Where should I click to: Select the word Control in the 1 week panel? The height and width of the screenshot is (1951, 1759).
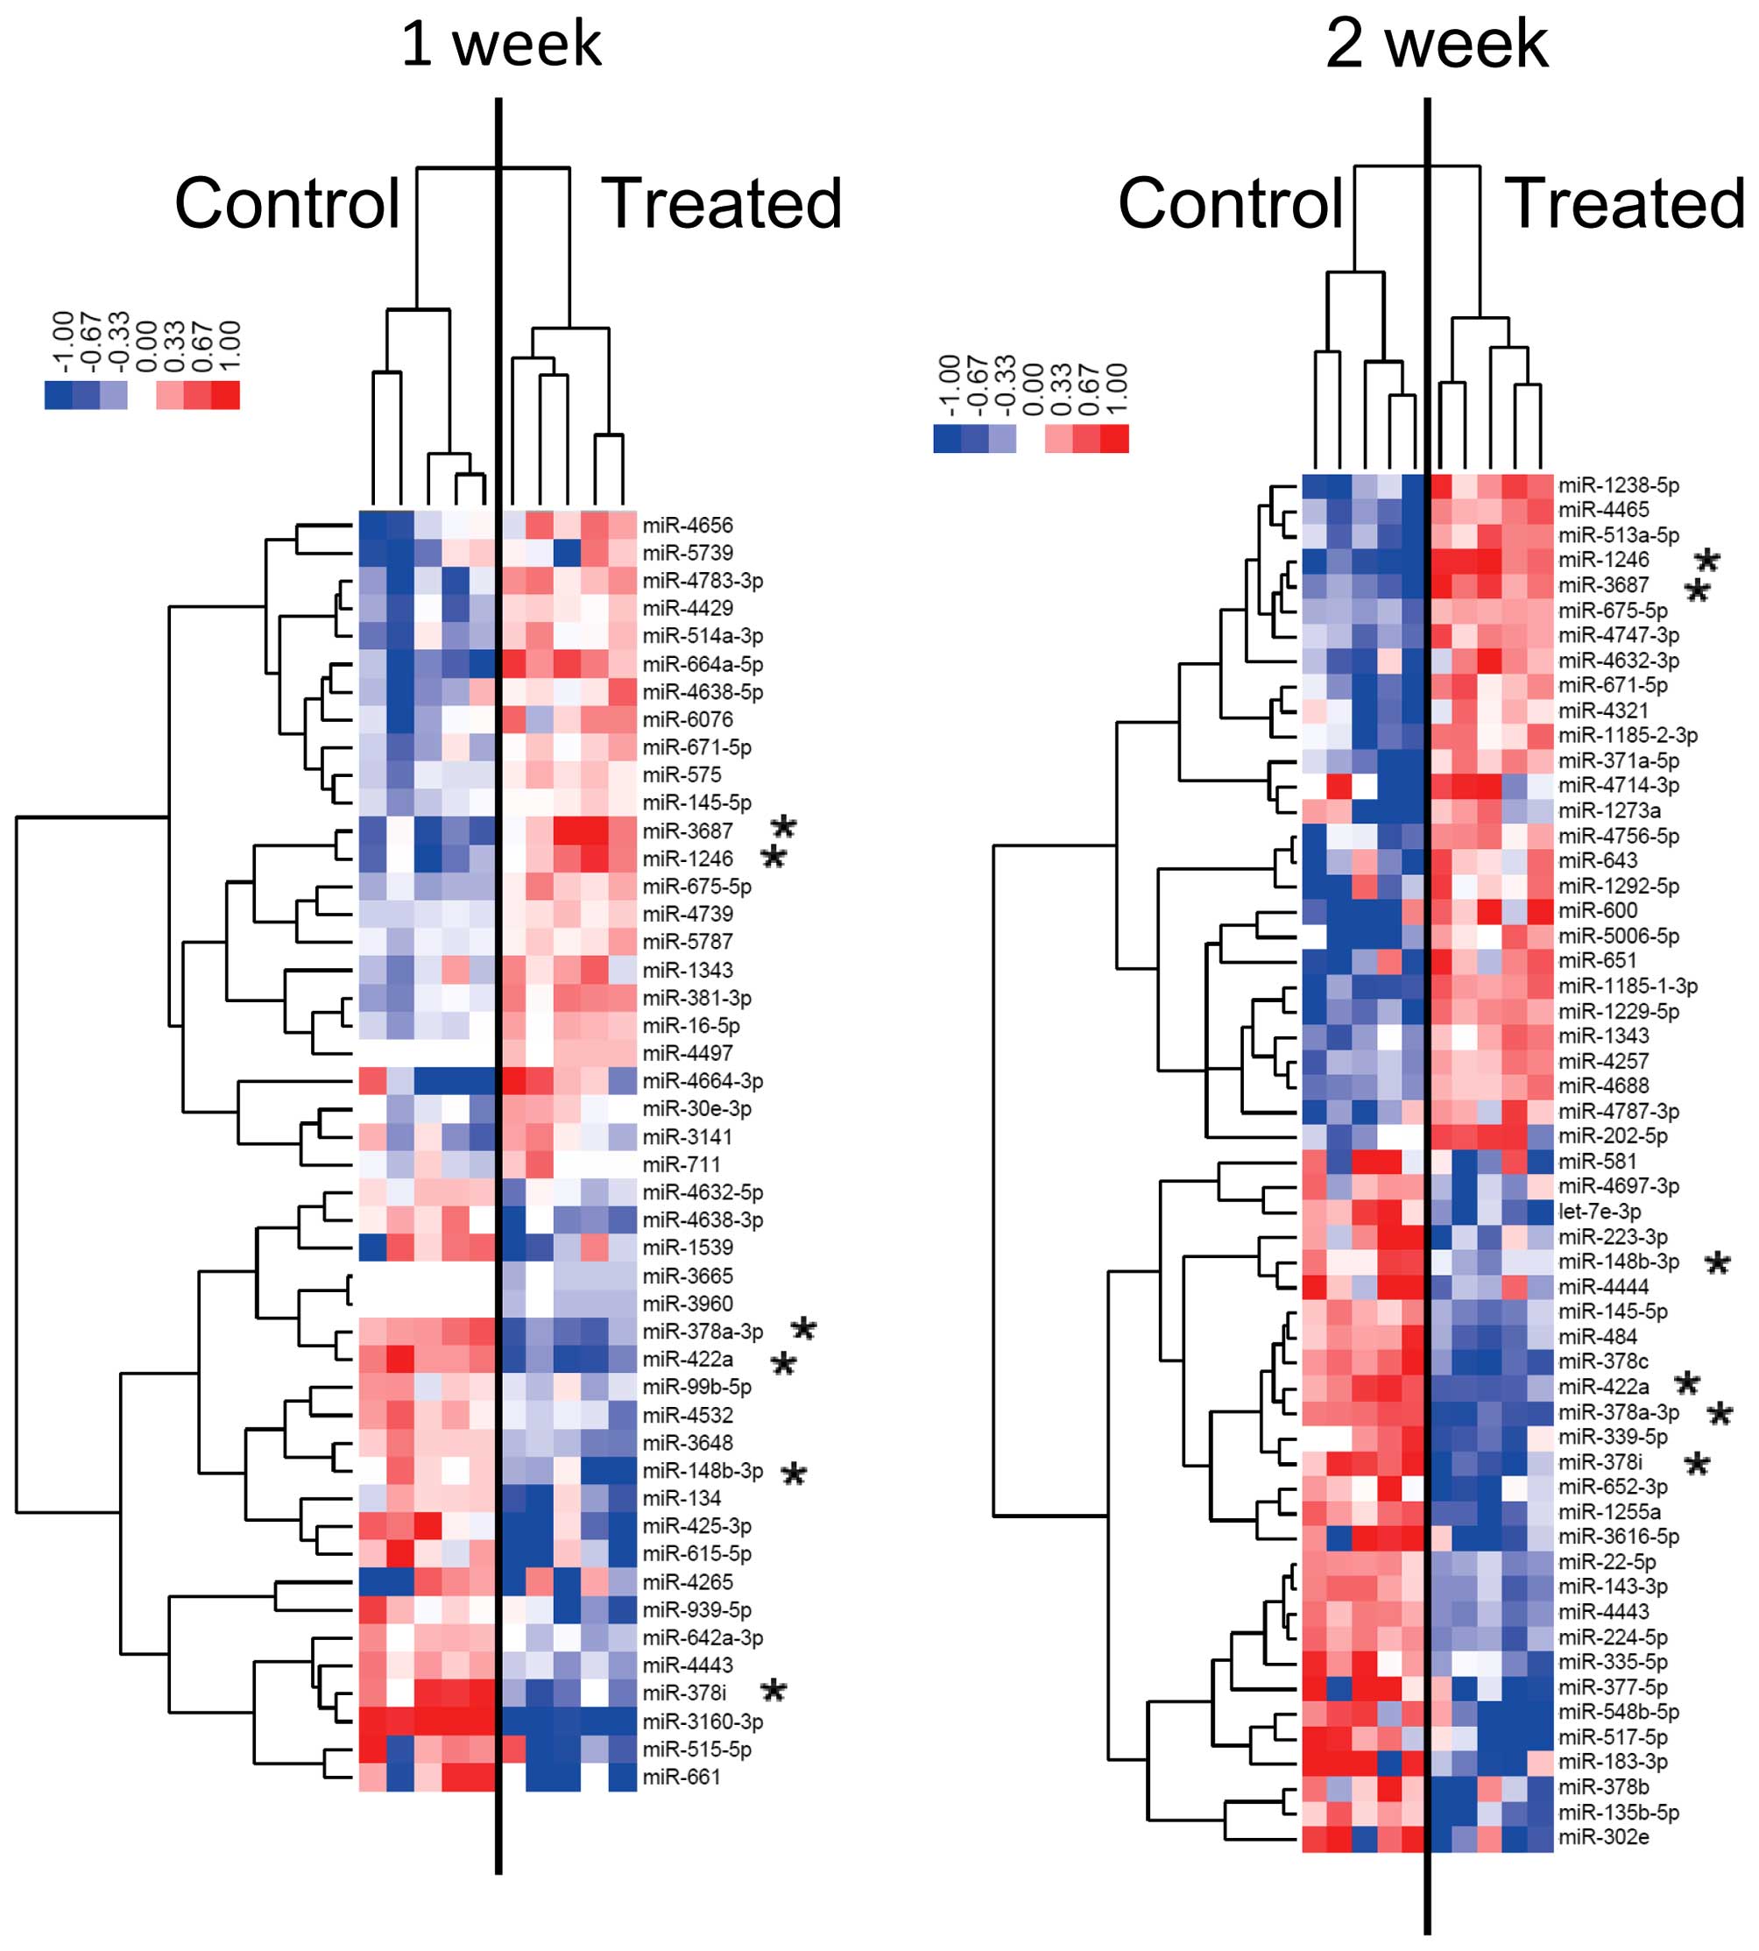point(287,204)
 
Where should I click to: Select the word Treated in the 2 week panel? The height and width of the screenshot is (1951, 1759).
point(1625,204)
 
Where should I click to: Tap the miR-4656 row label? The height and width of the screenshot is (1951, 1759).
point(687,526)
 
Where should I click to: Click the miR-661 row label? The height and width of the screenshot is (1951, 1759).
point(682,1777)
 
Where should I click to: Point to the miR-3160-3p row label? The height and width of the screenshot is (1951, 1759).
point(703,1721)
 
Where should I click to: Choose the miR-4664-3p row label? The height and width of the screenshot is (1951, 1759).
point(703,1080)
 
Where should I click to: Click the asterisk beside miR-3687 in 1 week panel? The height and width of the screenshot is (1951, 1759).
point(784,827)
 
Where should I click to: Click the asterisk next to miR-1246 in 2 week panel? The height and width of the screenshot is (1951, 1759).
point(1706,562)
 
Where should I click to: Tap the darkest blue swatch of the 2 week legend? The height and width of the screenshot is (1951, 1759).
point(947,439)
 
